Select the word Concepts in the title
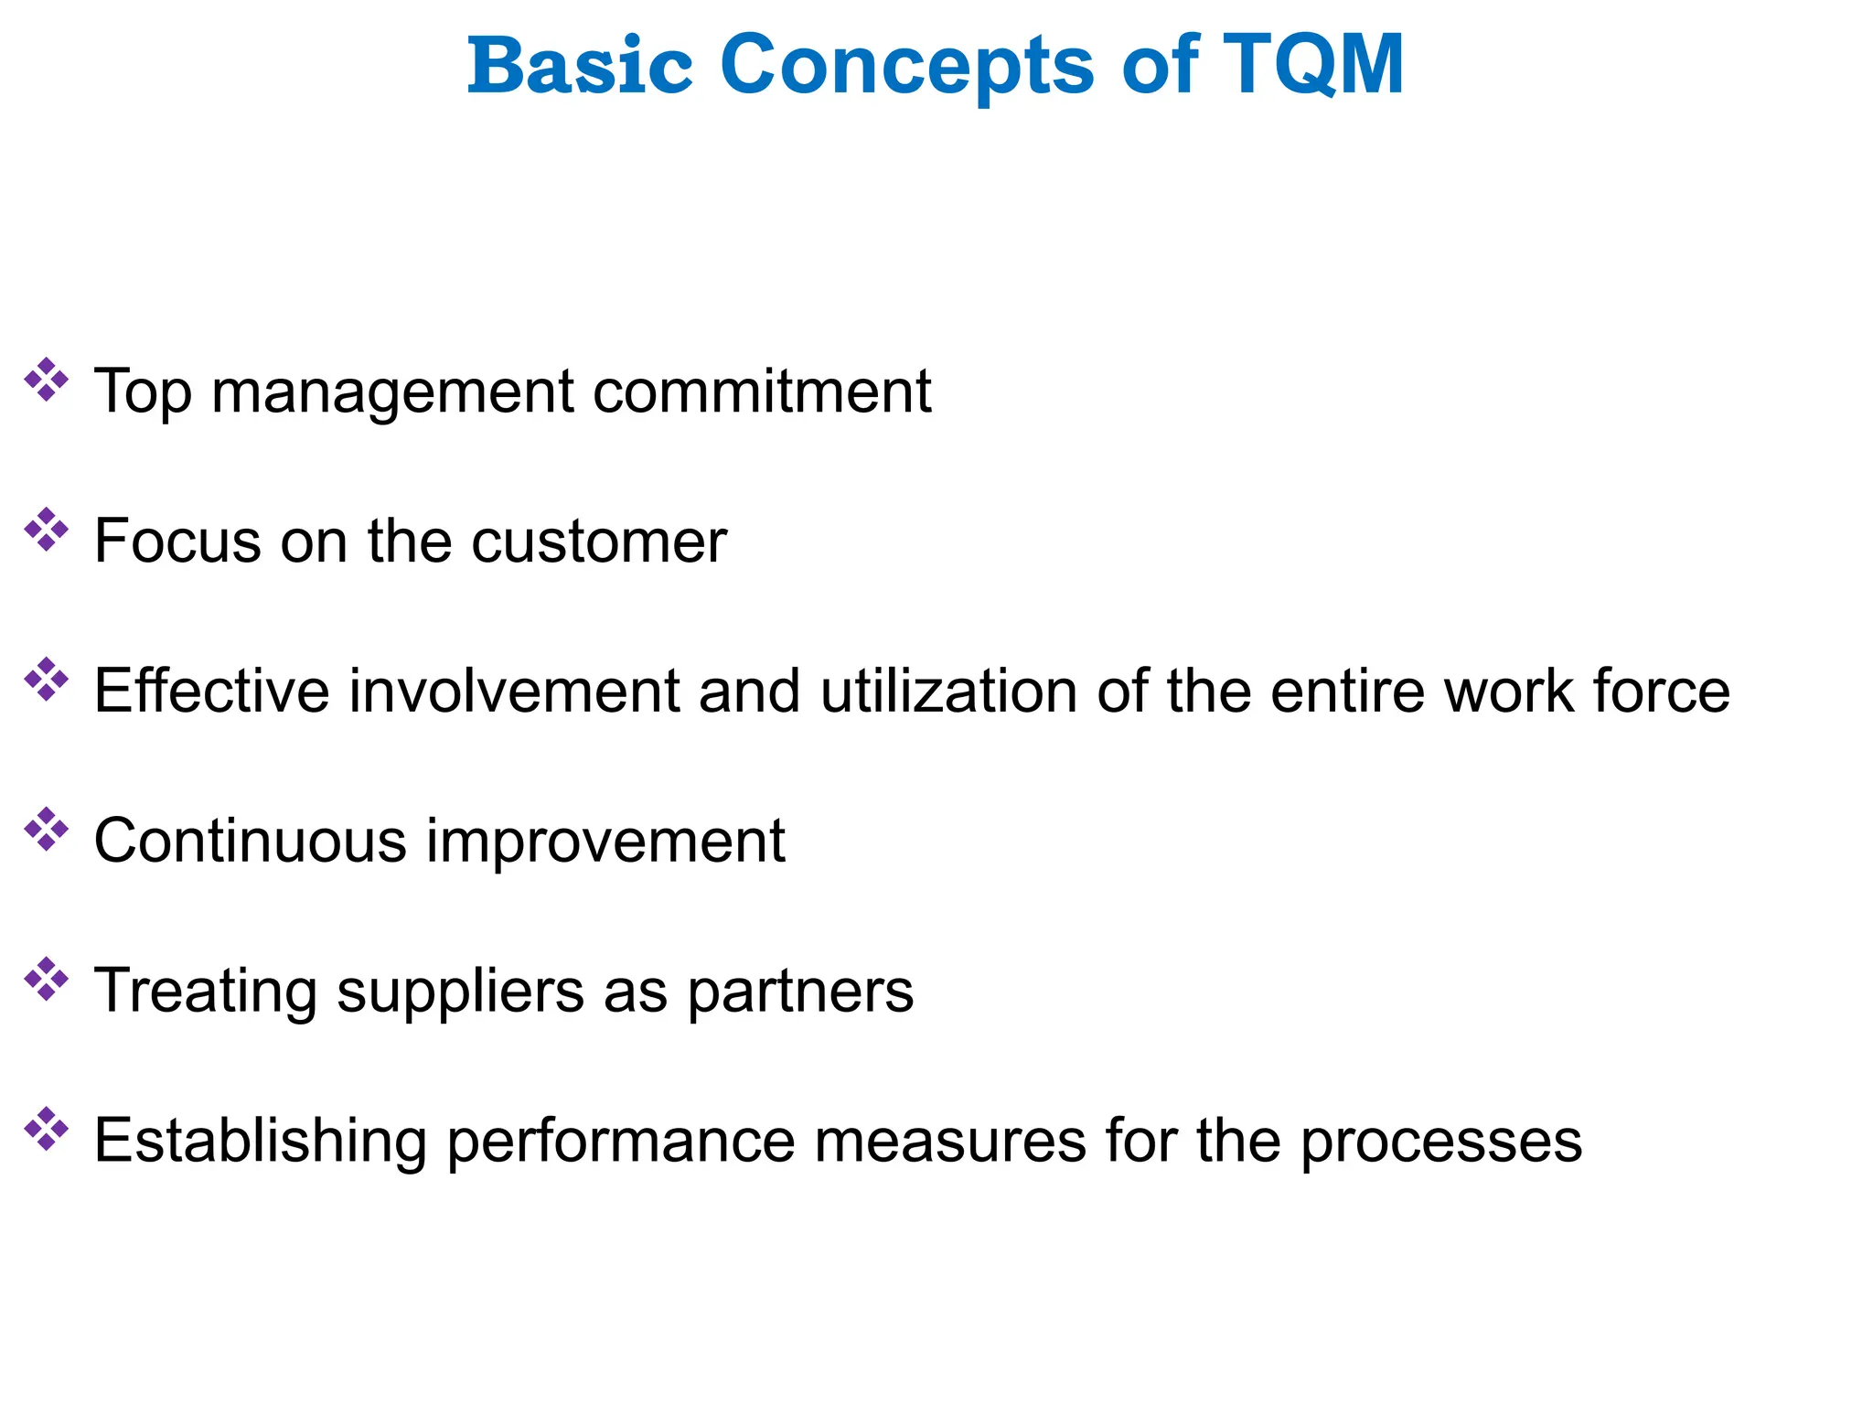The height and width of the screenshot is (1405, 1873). click(906, 65)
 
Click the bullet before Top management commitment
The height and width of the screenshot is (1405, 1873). click(46, 381)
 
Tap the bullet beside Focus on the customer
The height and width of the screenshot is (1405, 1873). click(46, 531)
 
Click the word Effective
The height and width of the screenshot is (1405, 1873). click(211, 691)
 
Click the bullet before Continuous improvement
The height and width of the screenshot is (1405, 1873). click(46, 830)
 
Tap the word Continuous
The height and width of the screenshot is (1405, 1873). click(250, 841)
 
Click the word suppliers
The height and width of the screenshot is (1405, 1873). click(460, 991)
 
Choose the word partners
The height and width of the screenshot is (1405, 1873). click(800, 991)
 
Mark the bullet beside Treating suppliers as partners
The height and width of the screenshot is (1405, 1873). click(46, 980)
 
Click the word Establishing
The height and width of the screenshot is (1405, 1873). click(261, 1141)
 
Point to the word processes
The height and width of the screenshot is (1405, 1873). click(1440, 1141)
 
